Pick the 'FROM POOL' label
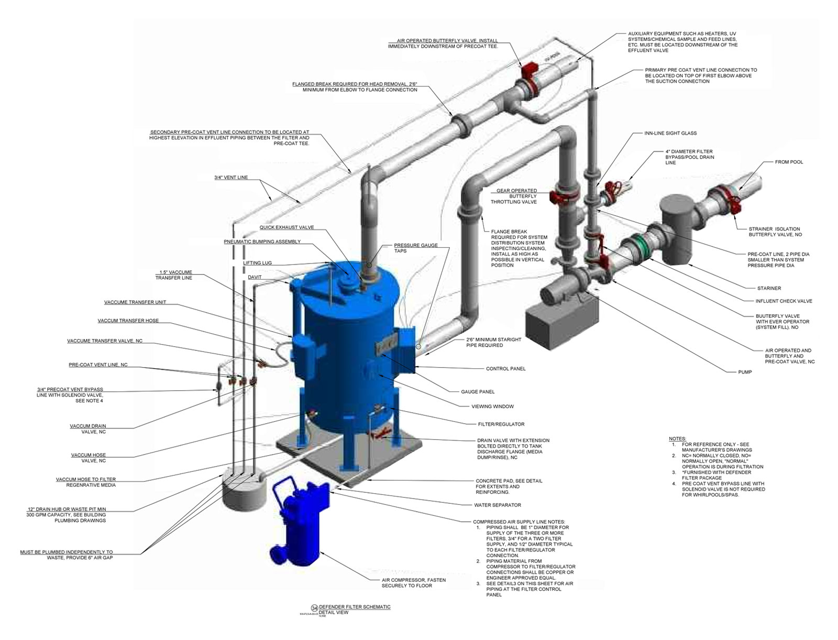[789, 162]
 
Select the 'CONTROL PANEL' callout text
[505, 369]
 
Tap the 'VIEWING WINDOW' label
[493, 406]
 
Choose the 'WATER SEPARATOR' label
[497, 505]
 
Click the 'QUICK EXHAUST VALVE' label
[286, 227]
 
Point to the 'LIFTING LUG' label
[257, 263]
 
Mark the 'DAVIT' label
[255, 277]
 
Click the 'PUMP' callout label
[744, 372]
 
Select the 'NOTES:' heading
[677, 438]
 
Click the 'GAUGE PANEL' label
[477, 392]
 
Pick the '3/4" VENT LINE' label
[231, 178]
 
